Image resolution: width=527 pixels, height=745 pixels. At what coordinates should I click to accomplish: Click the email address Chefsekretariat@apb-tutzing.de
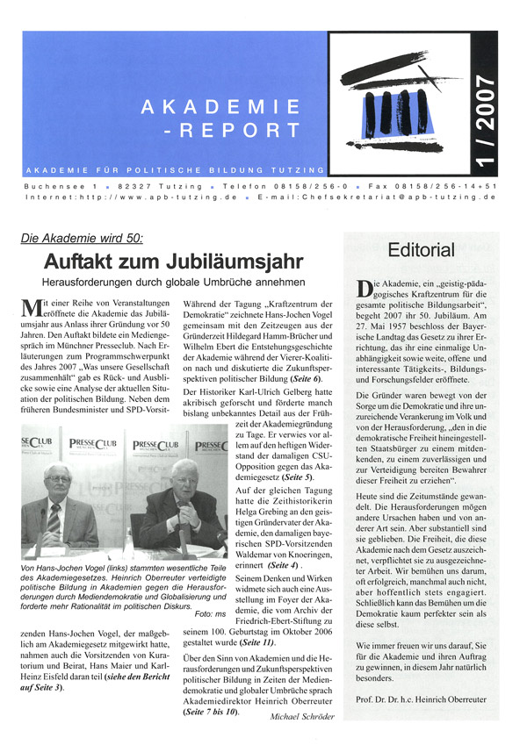tap(413, 197)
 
